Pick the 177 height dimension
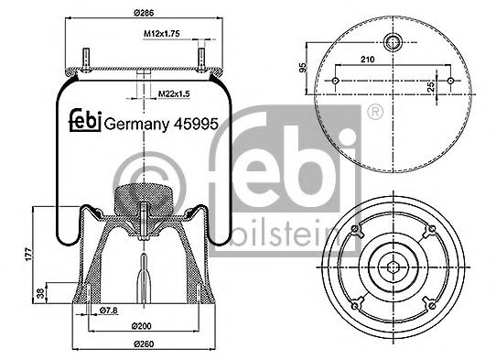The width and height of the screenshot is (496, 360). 27,253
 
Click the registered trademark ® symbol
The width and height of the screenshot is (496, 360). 374,111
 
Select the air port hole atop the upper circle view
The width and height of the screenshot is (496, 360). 394,42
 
